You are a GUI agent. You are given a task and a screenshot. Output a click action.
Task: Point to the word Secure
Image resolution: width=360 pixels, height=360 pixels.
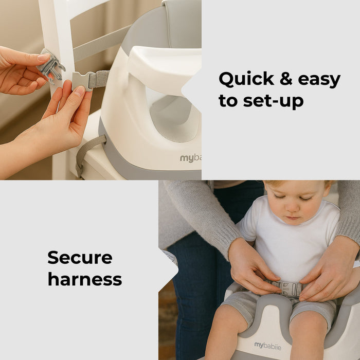coord(80,257)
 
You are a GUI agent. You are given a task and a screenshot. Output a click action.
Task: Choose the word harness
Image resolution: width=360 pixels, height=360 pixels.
coord(85,279)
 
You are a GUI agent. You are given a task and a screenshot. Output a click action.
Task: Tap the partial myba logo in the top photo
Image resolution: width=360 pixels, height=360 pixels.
coord(190,158)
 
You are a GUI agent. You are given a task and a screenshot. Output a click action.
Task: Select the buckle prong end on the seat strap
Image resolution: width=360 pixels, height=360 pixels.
coord(82,80)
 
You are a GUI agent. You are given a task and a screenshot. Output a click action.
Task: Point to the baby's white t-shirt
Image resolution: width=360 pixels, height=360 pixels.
coord(288,247)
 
